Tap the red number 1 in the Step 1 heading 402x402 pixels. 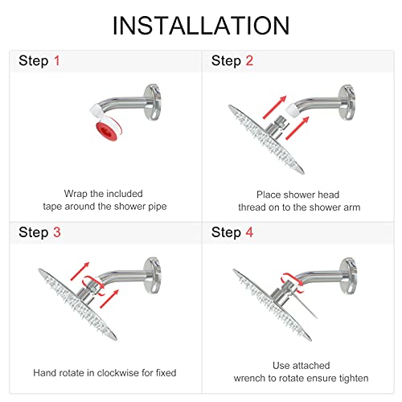tap(55, 61)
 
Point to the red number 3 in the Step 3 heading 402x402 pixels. tap(55, 232)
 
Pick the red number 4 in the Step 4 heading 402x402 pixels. tap(249, 232)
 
